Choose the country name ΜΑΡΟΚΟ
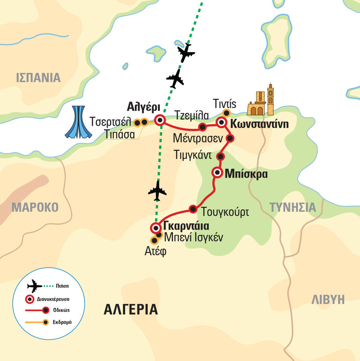point(35,207)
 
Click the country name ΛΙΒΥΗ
point(328,300)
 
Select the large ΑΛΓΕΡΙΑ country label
point(130,310)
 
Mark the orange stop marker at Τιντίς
point(226,113)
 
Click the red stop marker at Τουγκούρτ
point(193,208)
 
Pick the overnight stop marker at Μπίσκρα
point(217,172)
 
